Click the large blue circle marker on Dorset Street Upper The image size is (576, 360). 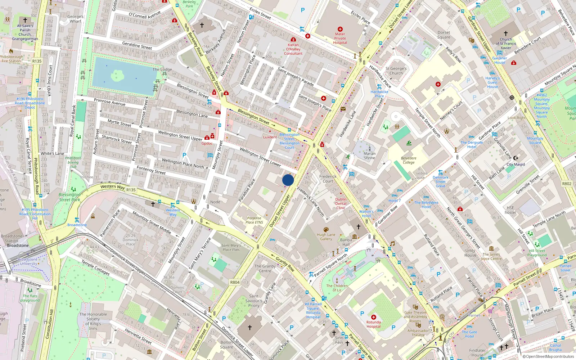(288, 180)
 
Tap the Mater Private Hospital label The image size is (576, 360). (340, 38)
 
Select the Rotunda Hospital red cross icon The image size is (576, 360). (373, 317)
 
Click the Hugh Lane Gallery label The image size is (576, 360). (326, 237)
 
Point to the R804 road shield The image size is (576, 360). (235, 282)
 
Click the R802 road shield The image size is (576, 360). (567, 184)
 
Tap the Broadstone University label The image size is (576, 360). (28, 261)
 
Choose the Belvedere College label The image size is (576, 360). (409, 160)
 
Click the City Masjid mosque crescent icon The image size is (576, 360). (516, 158)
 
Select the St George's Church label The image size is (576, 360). (396, 71)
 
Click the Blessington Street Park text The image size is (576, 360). (70, 197)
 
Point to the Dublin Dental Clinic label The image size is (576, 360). (341, 203)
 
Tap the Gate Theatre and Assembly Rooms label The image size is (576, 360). (415, 317)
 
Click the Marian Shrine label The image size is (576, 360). (369, 156)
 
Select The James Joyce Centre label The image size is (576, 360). (491, 256)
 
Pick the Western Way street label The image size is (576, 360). (113, 186)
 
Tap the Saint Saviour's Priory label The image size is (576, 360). (254, 301)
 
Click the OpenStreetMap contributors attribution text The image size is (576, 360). (548, 356)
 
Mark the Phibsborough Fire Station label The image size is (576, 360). (12, 59)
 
